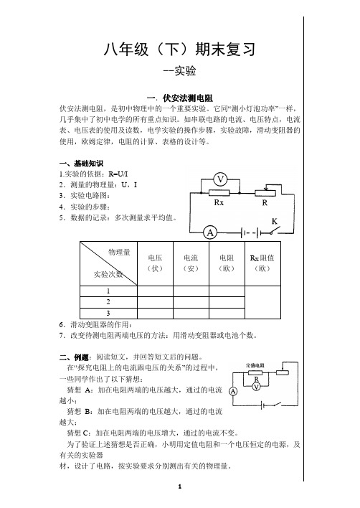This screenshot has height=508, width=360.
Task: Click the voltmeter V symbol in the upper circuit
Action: pos(220,179)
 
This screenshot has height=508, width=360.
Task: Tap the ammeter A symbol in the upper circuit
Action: pos(210,232)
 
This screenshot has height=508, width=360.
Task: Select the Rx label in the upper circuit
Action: pos(219,203)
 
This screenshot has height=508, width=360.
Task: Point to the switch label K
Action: pos(275,222)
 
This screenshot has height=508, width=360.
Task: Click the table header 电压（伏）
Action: pos(155,263)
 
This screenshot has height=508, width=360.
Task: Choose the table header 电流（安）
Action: pos(191,263)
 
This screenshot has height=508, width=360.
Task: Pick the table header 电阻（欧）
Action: pos(227,263)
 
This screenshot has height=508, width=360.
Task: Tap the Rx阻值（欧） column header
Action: pos(262,263)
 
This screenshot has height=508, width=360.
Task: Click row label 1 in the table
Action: pos(108,291)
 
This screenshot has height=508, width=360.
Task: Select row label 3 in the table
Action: pos(108,313)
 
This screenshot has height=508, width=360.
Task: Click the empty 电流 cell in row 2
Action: pos(191,302)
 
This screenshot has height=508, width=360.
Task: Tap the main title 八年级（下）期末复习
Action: pos(180,50)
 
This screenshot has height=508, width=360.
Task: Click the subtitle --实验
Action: pos(180,71)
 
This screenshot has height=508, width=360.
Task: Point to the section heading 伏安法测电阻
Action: pos(187,98)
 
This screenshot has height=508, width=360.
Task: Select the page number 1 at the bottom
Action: pos(180,486)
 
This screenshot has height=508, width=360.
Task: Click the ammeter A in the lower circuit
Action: pos(233,391)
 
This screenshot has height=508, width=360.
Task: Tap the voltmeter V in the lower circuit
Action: pos(256,387)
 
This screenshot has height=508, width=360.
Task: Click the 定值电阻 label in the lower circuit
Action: pos(255,365)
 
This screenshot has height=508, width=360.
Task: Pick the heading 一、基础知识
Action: pos(81,164)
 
